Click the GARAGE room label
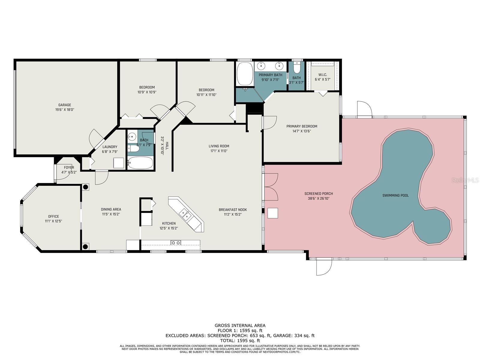pos(64,105)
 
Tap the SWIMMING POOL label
pos(395,195)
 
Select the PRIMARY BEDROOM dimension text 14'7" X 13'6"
pos(302,131)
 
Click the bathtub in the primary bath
pos(245,74)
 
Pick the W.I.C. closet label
pos(322,75)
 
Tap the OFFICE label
pos(54,216)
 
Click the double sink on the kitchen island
pos(185,214)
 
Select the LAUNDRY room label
pos(110,147)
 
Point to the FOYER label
pos(69,167)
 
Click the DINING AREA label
pos(111,209)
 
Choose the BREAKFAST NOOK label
pos(233,210)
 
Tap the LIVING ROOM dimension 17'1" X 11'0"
pos(219,151)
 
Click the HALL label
pos(167,146)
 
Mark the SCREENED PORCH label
pos(319,194)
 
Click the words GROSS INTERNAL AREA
pos(240,325)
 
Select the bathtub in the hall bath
pos(140,163)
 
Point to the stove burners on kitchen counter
pos(176,243)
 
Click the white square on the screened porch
pos(273,213)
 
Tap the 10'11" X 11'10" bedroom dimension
pos(206,95)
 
